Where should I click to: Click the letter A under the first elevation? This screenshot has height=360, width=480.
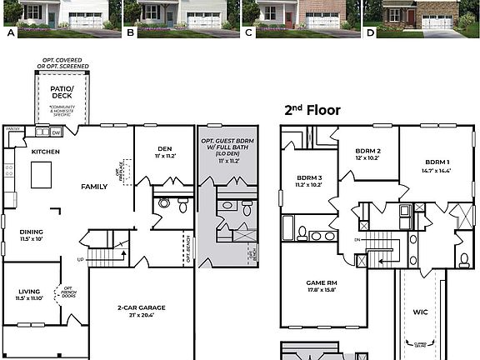pos(11,33)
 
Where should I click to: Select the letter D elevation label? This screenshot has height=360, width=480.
pos(371,33)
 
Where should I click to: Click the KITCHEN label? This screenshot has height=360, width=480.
pos(46,152)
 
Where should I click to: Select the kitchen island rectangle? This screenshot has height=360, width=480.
pos(41,175)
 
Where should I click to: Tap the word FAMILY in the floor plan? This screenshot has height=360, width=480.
pos(94,187)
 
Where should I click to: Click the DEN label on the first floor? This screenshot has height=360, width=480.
pos(163,147)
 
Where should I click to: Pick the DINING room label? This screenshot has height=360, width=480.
pos(32,232)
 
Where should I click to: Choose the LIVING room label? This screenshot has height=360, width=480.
pos(29,292)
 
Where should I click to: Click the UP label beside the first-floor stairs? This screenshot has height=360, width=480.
pos(81,259)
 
